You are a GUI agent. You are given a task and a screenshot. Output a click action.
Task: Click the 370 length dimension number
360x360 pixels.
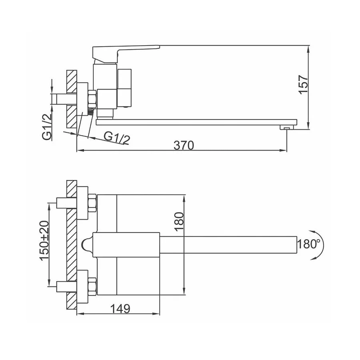click(x=184, y=145)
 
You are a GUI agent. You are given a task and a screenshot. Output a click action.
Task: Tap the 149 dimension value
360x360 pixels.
click(x=120, y=308)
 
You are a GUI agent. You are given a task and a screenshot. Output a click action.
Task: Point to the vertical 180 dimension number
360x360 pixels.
click(x=179, y=221)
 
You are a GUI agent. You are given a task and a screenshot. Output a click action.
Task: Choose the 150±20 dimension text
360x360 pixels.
click(x=44, y=241)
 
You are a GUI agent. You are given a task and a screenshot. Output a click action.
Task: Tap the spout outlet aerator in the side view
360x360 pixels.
click(x=287, y=128)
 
